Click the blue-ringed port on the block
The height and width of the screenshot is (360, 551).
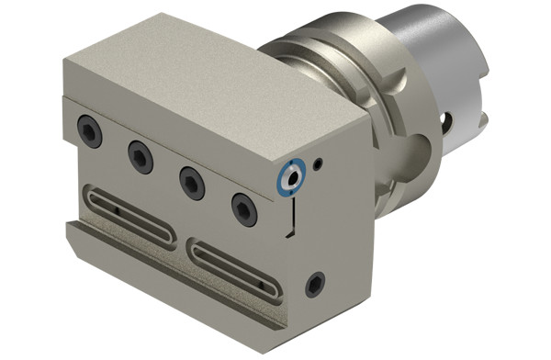(292, 175)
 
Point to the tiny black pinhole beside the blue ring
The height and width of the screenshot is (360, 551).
(317, 165)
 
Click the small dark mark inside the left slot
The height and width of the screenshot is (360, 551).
(119, 209)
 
